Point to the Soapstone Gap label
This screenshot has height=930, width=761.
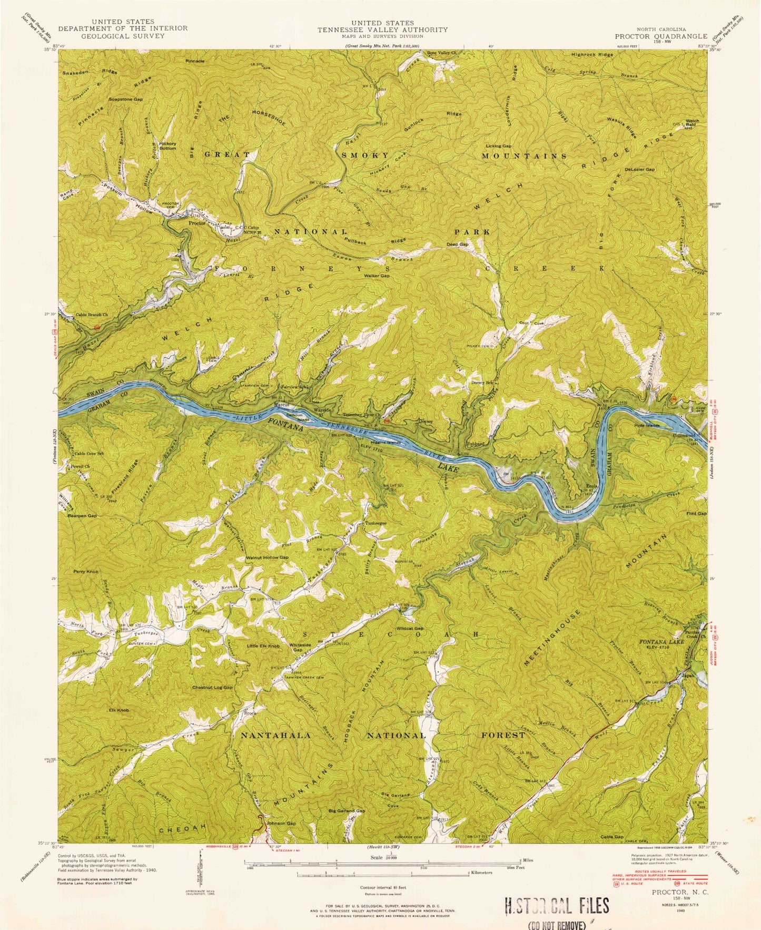pyautogui.click(x=125, y=99)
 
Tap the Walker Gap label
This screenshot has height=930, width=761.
pyautogui.click(x=376, y=276)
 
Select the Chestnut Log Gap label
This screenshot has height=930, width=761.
pyautogui.click(x=212, y=688)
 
